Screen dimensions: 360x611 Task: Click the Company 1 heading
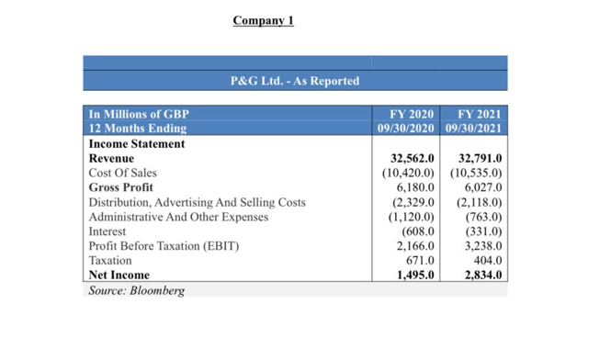pyautogui.click(x=263, y=20)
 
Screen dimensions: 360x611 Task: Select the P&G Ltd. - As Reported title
pyautogui.click(x=294, y=81)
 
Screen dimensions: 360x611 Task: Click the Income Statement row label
pyautogui.click(x=136, y=143)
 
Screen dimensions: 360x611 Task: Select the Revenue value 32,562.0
pyautogui.click(x=412, y=158)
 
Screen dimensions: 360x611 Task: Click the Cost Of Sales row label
pyautogui.click(x=122, y=173)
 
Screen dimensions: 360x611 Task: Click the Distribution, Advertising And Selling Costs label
pyautogui.click(x=197, y=202)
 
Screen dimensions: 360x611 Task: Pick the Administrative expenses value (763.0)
pyautogui.click(x=483, y=217)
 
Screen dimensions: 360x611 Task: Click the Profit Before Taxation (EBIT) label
pyautogui.click(x=163, y=246)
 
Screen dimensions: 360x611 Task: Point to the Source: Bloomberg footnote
pyautogui.click(x=136, y=290)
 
